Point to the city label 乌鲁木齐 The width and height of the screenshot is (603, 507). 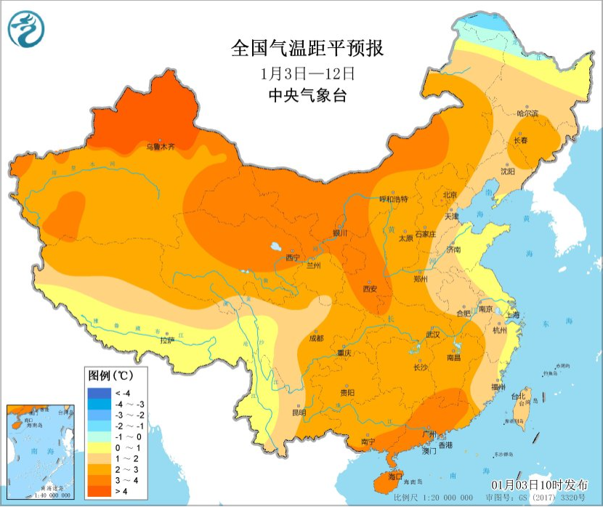pos(160,147)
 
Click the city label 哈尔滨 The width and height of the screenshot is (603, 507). pos(527,113)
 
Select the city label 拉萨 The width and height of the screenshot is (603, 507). pos(167,339)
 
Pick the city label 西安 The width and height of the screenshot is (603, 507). pos(370,288)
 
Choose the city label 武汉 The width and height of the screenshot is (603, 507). pos(433,335)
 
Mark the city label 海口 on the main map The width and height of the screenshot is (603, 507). pos(395,476)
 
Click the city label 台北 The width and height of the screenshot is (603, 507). pos(518,397)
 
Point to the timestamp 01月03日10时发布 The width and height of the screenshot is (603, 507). pos(541,484)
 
